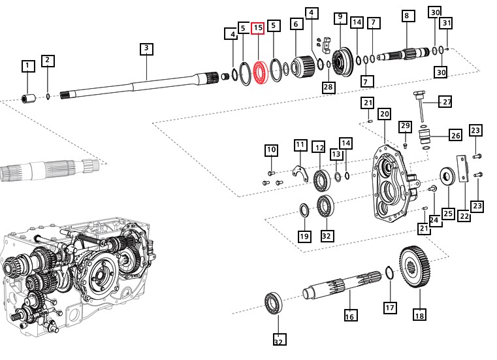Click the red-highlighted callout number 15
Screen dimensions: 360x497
(x=258, y=28)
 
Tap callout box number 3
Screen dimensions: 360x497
(x=146, y=48)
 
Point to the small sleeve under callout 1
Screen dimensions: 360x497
(x=28, y=99)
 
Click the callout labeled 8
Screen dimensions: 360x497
(x=406, y=16)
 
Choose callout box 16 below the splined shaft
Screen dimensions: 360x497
(x=349, y=316)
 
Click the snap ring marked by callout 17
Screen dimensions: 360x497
(x=388, y=274)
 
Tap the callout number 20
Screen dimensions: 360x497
(x=384, y=114)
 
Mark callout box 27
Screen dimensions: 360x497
(x=445, y=102)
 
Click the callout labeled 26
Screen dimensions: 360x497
(x=455, y=136)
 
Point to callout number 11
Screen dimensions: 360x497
(x=300, y=144)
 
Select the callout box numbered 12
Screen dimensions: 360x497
(x=319, y=147)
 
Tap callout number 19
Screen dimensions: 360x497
(x=304, y=236)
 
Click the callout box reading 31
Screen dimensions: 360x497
(x=445, y=24)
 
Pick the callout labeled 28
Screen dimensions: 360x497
(x=328, y=87)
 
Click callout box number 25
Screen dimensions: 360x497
(x=447, y=214)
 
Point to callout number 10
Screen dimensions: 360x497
(x=271, y=150)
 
